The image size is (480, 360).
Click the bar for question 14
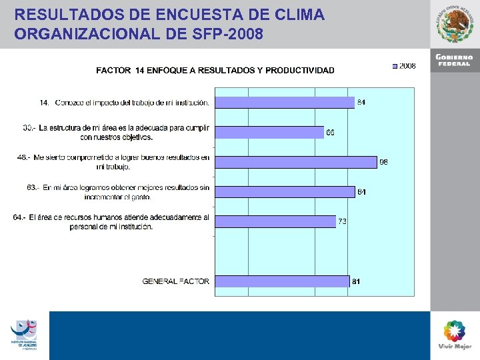(285, 103)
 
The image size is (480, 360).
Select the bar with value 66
(270, 132)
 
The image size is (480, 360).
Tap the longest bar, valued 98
(297, 162)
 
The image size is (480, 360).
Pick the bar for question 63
(286, 192)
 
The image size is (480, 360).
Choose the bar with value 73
(277, 221)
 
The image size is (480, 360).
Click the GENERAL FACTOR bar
(283, 281)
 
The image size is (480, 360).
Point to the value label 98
(384, 162)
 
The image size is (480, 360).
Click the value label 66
(331, 133)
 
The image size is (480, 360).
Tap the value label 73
(342, 221)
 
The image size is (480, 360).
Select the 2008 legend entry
(404, 66)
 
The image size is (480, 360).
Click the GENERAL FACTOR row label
(175, 281)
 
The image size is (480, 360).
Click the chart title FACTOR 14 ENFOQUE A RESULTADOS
(215, 70)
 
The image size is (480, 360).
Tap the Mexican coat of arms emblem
(455, 25)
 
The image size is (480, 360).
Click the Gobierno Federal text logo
(454, 60)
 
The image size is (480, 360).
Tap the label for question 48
(113, 161)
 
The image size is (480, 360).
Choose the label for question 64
(111, 222)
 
